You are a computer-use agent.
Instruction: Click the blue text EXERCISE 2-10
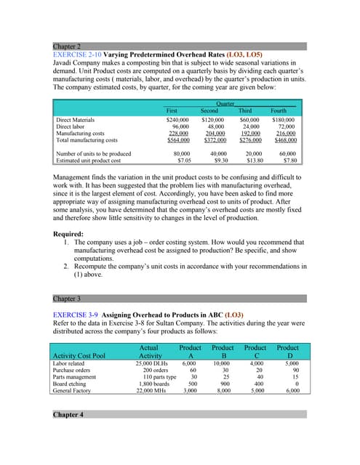pos(77,54)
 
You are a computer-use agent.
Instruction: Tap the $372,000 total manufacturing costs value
pos(209,140)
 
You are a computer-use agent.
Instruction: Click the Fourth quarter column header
pos(279,110)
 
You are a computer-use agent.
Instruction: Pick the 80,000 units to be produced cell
pos(179,153)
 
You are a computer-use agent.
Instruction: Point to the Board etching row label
pos(73,383)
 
